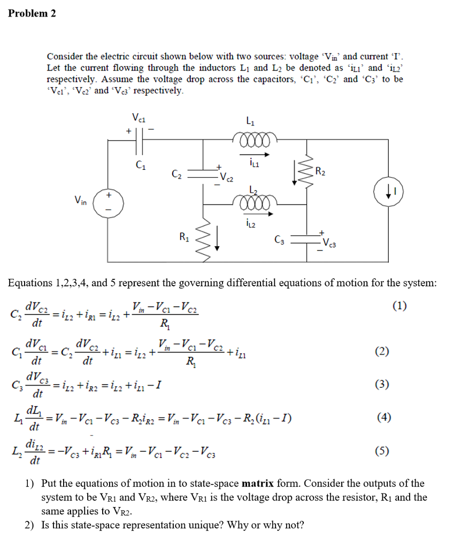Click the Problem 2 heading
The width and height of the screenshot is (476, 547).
(32, 13)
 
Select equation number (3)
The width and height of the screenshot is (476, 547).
(382, 384)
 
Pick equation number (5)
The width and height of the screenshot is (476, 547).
(382, 451)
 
